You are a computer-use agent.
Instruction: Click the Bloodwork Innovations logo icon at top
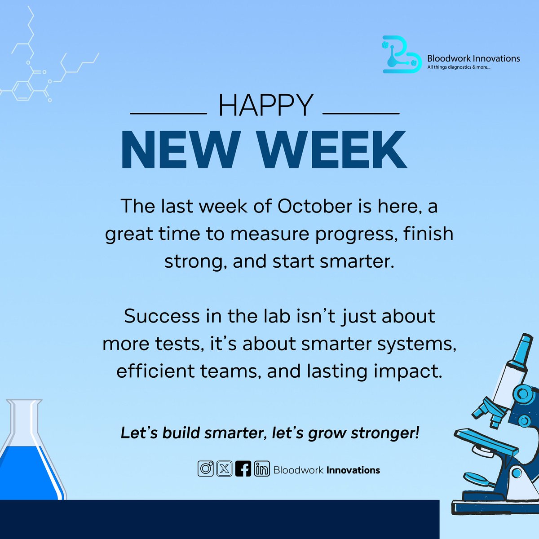tap(401, 56)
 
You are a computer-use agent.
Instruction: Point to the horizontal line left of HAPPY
tap(168, 113)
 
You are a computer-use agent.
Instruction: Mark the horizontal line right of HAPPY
tap(361, 113)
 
